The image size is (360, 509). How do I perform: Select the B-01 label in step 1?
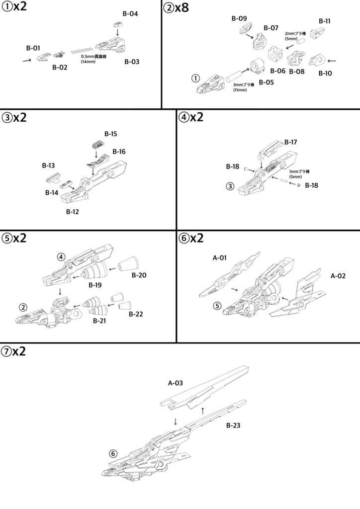[x=33, y=48]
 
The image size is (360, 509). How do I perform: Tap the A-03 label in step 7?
[x=176, y=383]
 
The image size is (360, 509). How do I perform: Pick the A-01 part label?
[x=220, y=257]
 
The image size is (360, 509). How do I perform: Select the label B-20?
[x=139, y=275]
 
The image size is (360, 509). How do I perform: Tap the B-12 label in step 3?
[x=73, y=212]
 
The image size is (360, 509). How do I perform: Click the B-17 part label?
[x=291, y=142]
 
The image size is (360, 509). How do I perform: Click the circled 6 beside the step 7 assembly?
[x=113, y=453]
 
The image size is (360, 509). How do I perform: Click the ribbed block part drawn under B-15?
[x=97, y=145]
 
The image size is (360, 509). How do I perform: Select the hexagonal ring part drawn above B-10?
[x=316, y=61]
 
